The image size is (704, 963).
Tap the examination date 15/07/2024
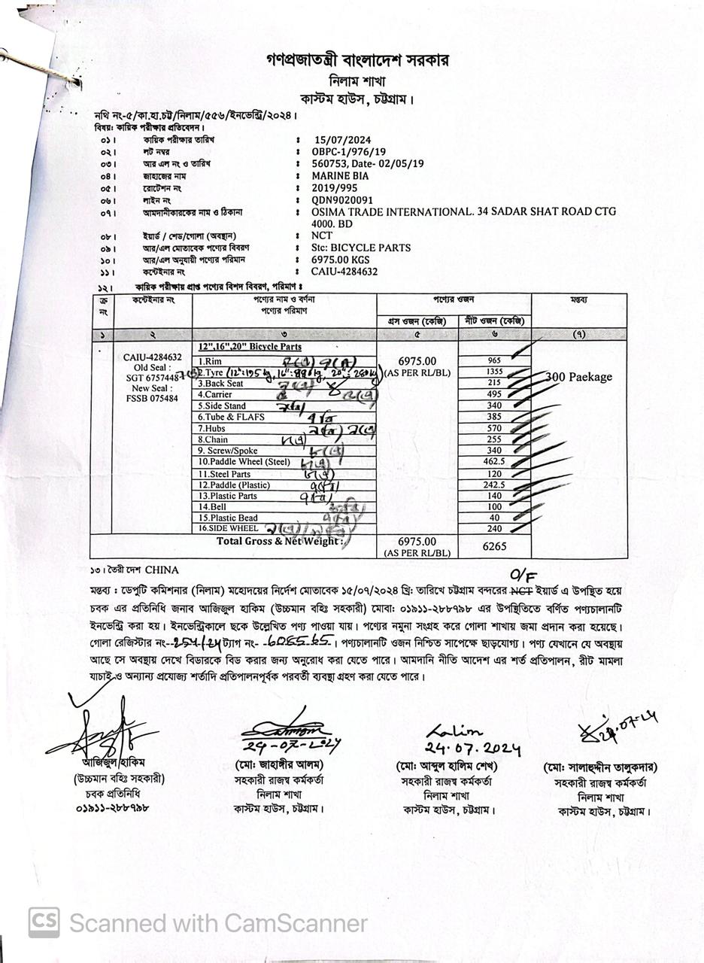(x=344, y=139)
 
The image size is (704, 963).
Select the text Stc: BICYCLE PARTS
(x=360, y=248)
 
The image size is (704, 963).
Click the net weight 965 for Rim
(x=494, y=361)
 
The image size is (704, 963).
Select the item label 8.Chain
(x=214, y=439)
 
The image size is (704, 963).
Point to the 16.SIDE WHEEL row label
(x=228, y=528)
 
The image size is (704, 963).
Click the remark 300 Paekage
(x=578, y=377)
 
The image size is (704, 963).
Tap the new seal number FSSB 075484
(x=152, y=398)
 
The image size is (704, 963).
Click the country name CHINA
(x=162, y=570)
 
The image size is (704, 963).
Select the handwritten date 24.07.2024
(x=472, y=749)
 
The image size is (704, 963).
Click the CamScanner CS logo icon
(x=44, y=922)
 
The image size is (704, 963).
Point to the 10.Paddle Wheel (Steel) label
(x=244, y=462)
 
